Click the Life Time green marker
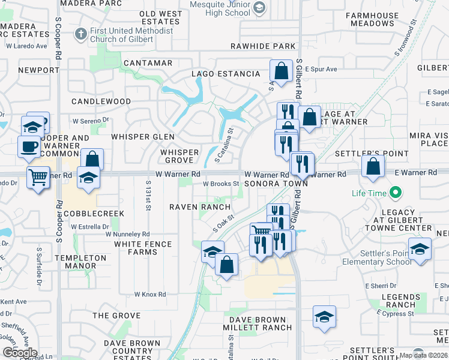(x=395, y=193)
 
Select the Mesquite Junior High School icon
(x=259, y=8)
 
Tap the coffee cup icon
(x=28, y=146)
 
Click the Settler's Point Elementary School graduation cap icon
(x=420, y=249)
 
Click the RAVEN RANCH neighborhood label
(x=200, y=206)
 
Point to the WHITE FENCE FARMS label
(x=143, y=248)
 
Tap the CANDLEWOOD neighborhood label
(x=101, y=101)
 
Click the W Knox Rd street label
(x=150, y=294)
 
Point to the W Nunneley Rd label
(x=127, y=234)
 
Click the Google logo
(x=19, y=353)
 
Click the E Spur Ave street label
(x=321, y=69)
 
